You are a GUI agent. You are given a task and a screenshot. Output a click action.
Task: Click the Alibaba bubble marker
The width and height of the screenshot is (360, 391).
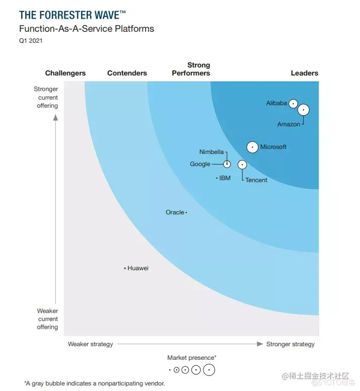tap(293, 104)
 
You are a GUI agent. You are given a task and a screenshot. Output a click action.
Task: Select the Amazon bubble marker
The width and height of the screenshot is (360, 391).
tap(303, 110)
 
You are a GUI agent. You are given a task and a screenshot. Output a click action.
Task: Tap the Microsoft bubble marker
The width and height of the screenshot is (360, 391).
tap(252, 147)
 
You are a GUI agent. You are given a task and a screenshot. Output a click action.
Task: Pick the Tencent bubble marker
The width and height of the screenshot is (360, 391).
tap(242, 165)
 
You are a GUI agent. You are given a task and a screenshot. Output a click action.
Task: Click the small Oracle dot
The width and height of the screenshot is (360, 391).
tap(186, 212)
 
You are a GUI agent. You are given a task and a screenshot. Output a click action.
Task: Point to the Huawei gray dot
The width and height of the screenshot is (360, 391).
tap(125, 268)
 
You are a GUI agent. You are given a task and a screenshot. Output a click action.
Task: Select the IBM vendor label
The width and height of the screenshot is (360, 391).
tap(225, 178)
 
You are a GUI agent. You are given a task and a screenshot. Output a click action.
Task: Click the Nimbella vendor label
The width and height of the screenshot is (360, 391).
tap(211, 152)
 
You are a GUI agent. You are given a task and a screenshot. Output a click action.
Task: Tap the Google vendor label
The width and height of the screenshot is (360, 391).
tap(200, 164)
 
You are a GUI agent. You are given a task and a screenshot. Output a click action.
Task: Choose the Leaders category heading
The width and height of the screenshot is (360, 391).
tap(304, 73)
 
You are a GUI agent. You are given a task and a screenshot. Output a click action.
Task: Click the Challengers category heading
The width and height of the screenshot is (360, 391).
tap(65, 73)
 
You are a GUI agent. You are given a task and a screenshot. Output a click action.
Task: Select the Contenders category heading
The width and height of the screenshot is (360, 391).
tap(127, 73)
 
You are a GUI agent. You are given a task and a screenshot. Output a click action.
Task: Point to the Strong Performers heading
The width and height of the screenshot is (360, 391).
tap(191, 69)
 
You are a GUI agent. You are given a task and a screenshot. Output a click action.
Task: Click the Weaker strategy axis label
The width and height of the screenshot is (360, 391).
tap(91, 344)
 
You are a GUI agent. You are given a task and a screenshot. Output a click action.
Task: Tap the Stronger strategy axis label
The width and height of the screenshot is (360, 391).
tap(290, 344)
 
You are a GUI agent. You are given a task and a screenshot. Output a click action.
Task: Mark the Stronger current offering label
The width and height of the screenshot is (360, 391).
tap(46, 98)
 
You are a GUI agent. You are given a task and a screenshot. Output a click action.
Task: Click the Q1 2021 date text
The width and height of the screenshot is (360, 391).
tap(31, 41)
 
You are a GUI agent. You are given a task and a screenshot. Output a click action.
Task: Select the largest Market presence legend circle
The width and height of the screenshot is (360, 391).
tap(208, 370)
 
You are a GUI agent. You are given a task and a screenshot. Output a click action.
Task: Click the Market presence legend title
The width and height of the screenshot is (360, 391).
tap(192, 358)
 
